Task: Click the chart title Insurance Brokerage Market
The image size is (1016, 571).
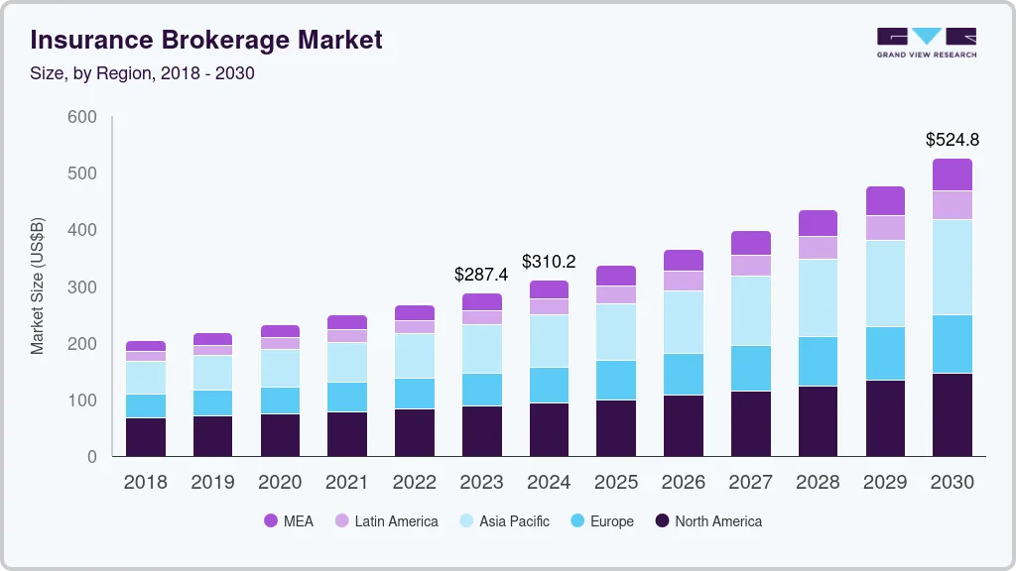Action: (206, 41)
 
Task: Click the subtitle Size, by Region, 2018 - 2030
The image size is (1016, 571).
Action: (143, 73)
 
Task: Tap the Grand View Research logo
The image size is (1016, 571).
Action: (926, 42)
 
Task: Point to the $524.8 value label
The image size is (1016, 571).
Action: (952, 140)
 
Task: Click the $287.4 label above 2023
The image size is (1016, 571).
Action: (481, 274)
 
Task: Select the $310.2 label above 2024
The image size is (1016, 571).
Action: (549, 262)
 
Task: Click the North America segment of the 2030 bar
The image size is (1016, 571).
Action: (952, 414)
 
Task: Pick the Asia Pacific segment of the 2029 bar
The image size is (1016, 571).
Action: (885, 284)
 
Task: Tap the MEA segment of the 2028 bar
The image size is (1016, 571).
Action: (818, 223)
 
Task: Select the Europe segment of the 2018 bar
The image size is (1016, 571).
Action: (146, 405)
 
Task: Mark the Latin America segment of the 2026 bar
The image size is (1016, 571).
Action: (683, 281)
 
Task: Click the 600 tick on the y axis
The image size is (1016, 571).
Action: (82, 117)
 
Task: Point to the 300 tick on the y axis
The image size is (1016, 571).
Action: (82, 287)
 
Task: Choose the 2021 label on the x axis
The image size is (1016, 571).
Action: (347, 483)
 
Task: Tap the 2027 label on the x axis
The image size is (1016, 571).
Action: (750, 483)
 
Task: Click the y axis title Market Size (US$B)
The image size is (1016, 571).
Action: (38, 286)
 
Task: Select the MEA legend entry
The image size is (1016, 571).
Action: (289, 521)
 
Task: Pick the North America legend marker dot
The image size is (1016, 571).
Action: (661, 521)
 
